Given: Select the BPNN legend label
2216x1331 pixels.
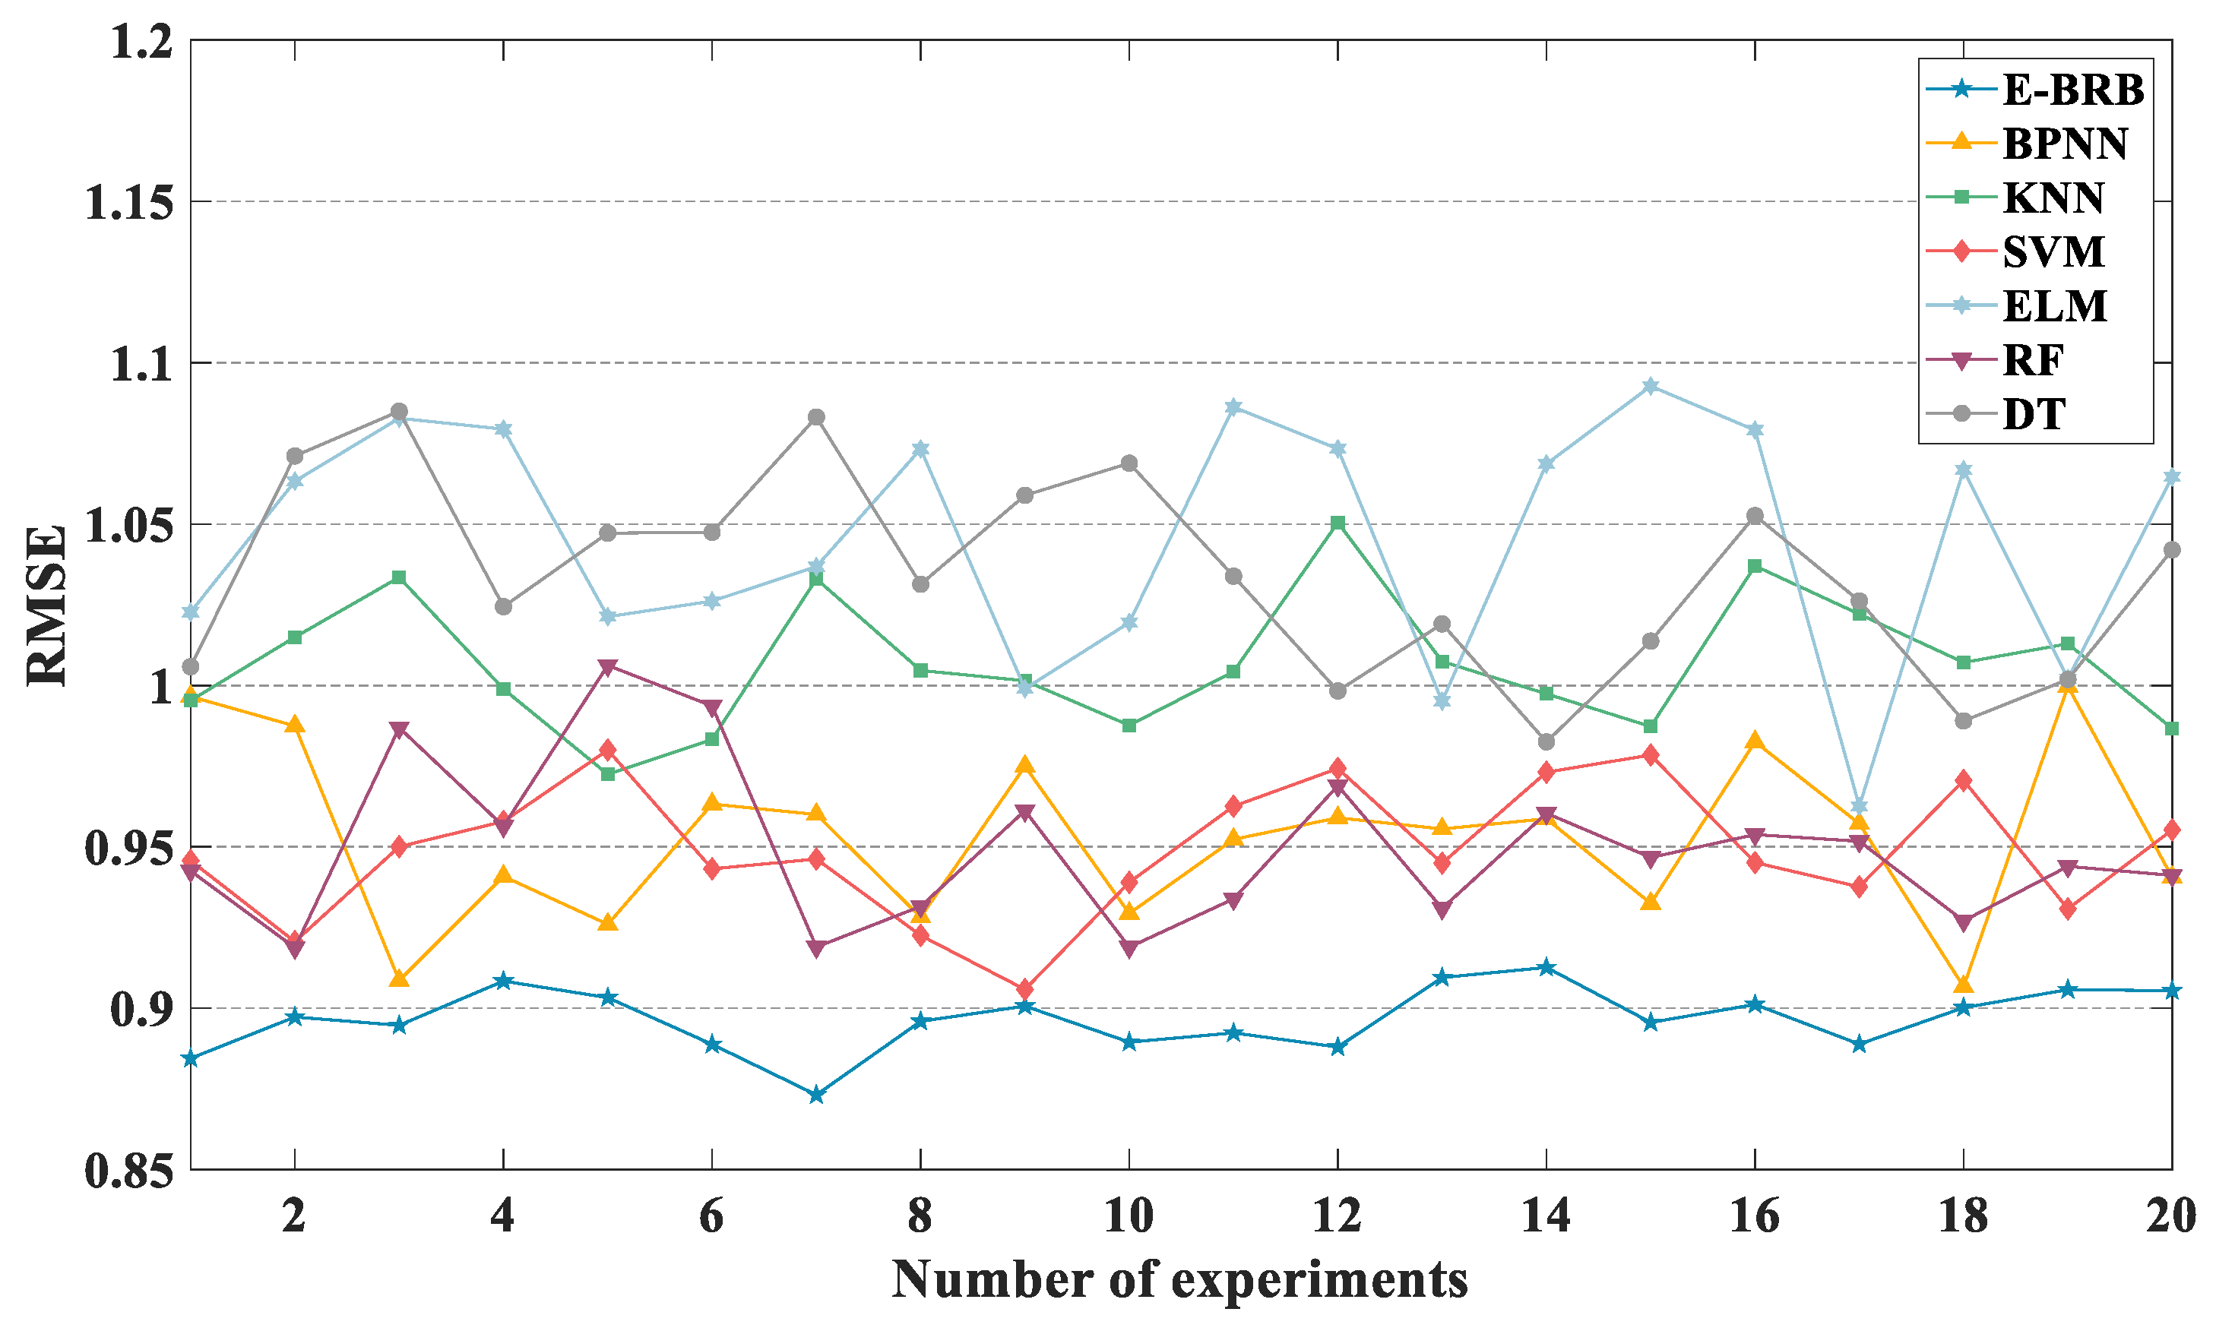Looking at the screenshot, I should coord(2064,144).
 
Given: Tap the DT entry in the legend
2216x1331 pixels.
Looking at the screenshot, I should coord(2033,413).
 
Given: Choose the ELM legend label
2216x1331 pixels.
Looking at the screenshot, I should coord(2053,306).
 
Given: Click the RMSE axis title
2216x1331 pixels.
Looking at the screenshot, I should coord(46,606).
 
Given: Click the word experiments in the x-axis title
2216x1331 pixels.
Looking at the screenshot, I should coord(1319,1281).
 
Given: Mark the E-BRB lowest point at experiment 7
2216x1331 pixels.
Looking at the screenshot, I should coord(815,1095).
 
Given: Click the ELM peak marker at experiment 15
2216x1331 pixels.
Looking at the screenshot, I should coord(1650,387).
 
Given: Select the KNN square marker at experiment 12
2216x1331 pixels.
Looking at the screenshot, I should coord(1337,523).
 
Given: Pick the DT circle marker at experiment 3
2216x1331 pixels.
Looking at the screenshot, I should coord(398,412).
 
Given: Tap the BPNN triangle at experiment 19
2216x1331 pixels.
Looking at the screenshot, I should coord(2067,686).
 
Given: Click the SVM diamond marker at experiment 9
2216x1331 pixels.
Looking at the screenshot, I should coord(1024,989).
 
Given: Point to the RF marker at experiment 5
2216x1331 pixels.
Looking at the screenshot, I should coord(607,667).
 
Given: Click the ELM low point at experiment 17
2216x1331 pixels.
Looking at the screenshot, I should coord(1858,806).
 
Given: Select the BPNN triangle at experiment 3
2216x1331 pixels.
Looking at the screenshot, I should coord(398,978).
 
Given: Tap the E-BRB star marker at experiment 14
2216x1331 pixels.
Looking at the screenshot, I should coord(1546,968).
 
